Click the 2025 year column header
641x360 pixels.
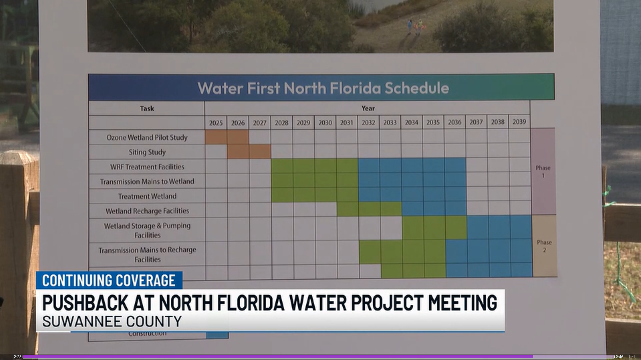(216, 123)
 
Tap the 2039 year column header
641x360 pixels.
(519, 122)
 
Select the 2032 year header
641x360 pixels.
(368, 123)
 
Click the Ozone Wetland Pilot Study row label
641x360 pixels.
(147, 137)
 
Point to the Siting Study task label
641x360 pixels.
(147, 152)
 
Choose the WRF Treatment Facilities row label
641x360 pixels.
(147, 167)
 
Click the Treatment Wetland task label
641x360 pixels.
(147, 196)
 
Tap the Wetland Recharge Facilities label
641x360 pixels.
(147, 211)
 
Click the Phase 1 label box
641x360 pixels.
(543, 172)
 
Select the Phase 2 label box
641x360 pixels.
(544, 246)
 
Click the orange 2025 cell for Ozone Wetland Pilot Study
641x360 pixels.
(216, 137)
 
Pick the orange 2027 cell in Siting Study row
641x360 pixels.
(260, 152)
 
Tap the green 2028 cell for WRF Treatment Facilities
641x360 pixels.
(282, 166)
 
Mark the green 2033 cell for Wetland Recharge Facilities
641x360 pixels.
(391, 209)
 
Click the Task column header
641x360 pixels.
(147, 108)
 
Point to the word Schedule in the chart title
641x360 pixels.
(417, 88)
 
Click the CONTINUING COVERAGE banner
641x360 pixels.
(109, 280)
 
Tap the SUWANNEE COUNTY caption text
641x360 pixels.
(112, 321)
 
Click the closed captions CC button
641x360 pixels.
(632, 356)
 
